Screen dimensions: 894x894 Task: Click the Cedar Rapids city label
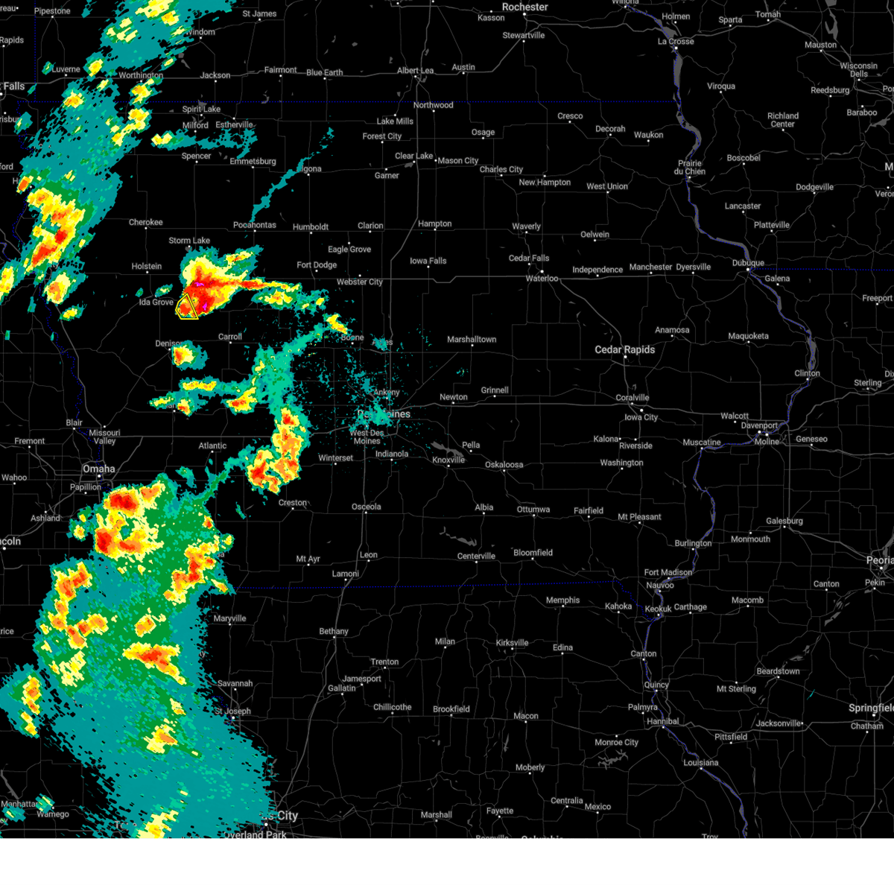coord(624,349)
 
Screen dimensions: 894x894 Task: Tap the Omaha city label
coord(99,469)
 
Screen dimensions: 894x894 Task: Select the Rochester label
coord(524,7)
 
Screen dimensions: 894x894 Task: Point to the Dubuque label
coord(747,263)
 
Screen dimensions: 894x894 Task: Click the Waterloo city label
coord(542,278)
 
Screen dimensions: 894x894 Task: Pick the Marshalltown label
coord(472,339)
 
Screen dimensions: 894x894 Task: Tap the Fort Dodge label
coord(317,264)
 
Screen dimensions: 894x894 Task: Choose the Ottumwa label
coord(533,510)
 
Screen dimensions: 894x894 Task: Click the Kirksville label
coord(512,642)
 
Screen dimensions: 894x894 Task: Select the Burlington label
coord(693,543)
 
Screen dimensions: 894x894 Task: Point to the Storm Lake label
coord(189,241)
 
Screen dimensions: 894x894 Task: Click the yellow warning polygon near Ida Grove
coord(188,306)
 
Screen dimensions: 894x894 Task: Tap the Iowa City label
coord(641,417)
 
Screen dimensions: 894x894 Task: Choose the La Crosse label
coord(676,41)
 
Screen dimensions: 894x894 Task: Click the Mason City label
coord(457,160)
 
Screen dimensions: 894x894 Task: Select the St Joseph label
coord(233,711)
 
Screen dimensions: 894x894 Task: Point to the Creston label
coord(293,503)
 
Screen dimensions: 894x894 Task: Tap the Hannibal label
coord(663,721)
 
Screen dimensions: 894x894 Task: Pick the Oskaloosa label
coord(504,465)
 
